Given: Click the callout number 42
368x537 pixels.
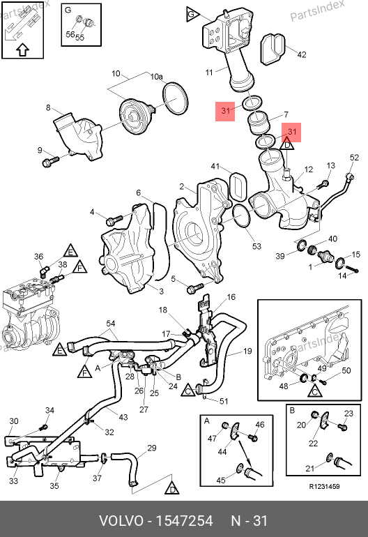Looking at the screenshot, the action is click(x=302, y=54).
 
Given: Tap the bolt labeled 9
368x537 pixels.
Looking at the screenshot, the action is click(x=50, y=161).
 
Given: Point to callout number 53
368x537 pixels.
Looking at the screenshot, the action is click(x=256, y=246).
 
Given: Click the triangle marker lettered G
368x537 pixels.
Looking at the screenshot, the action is click(x=192, y=14).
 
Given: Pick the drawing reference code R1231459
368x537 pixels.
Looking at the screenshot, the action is click(x=324, y=487).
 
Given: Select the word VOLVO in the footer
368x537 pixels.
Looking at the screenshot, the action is click(x=121, y=521).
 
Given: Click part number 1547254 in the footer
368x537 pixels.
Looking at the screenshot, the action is click(x=184, y=521).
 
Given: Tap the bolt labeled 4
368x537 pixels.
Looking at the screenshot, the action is click(x=114, y=220).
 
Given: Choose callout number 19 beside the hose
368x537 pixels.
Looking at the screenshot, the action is click(x=247, y=351).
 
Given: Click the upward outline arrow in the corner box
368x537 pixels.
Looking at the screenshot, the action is click(x=22, y=50).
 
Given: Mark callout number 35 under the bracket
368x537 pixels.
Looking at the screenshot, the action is click(x=54, y=485).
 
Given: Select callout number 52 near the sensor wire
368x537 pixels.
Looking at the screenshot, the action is click(x=354, y=157).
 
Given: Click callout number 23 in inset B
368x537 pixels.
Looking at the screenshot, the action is click(x=348, y=414).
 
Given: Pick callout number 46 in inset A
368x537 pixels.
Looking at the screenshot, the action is click(x=260, y=425).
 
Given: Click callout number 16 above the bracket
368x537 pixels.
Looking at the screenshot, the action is click(x=231, y=297).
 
